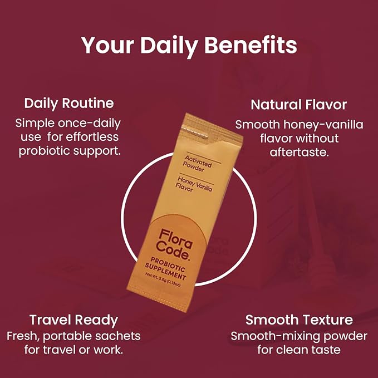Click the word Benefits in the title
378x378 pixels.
coord(251,45)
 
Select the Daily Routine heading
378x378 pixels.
coord(69,104)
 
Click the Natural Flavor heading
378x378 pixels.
coord(299,105)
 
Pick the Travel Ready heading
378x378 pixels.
coord(74,321)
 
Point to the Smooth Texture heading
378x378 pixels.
coord(299,320)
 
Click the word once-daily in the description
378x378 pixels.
coord(89,124)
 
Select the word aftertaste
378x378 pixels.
coord(299,153)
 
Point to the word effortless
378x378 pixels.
coord(92,137)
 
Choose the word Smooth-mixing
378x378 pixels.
coord(276,337)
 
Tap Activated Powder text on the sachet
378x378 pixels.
coord(197,164)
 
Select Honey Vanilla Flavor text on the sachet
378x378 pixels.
coord(194,184)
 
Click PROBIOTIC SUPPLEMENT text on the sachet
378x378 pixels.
coord(166,268)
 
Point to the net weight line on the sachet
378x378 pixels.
coord(163,279)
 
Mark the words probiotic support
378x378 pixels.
coord(70,151)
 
